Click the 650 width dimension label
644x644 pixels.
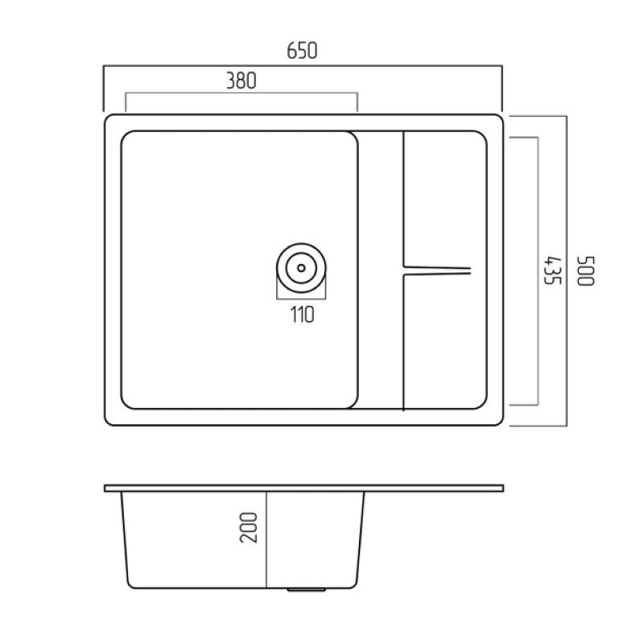[302, 51]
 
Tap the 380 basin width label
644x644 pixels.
[242, 81]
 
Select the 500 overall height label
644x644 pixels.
[586, 270]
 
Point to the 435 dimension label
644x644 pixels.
[552, 270]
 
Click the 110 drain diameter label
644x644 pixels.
[303, 315]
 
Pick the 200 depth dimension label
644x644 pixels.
[249, 528]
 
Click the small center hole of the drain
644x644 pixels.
[301, 268]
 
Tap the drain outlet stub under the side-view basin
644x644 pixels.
[307, 590]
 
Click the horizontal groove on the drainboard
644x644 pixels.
[437, 270]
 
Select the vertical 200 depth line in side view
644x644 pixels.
[266, 540]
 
